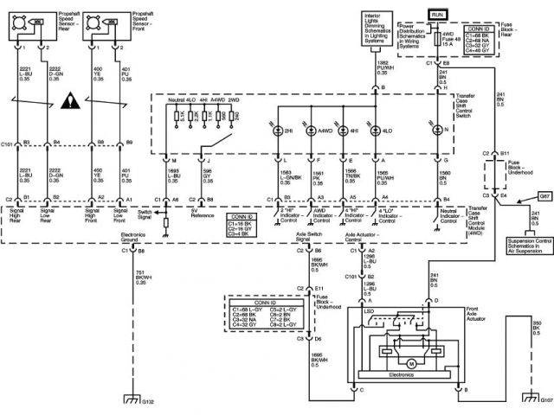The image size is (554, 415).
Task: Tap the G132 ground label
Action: (148, 402)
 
